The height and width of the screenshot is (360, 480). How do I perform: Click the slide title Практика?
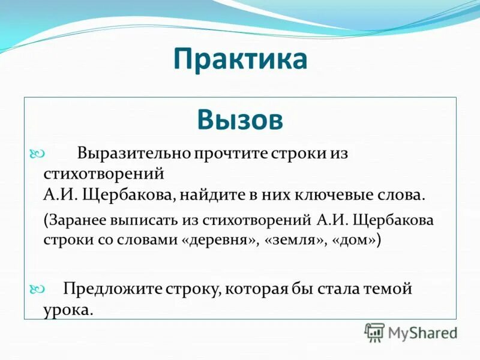(240, 61)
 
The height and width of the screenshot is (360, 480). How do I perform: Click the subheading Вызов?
(240, 120)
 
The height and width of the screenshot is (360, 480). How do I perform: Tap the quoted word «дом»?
(355, 240)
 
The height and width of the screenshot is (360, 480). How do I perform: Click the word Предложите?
(112, 289)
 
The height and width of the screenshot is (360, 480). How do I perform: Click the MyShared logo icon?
(375, 331)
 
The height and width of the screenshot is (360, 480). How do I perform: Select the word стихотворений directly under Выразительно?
(104, 174)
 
